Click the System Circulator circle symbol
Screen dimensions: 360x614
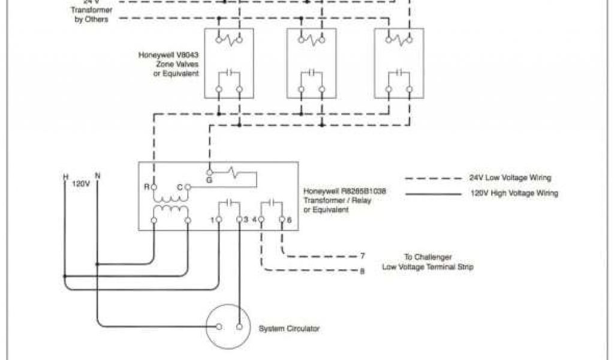click(228, 327)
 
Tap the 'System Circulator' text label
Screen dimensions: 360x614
click(289, 329)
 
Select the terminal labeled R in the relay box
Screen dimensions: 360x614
click(154, 187)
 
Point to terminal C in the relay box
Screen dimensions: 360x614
click(187, 187)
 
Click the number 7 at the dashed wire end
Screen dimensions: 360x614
click(362, 256)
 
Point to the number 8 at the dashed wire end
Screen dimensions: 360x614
click(362, 271)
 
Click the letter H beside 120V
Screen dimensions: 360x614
click(65, 177)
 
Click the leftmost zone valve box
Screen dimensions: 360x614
click(228, 62)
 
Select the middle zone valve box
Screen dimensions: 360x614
click(311, 62)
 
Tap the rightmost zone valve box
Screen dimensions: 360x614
click(399, 62)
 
